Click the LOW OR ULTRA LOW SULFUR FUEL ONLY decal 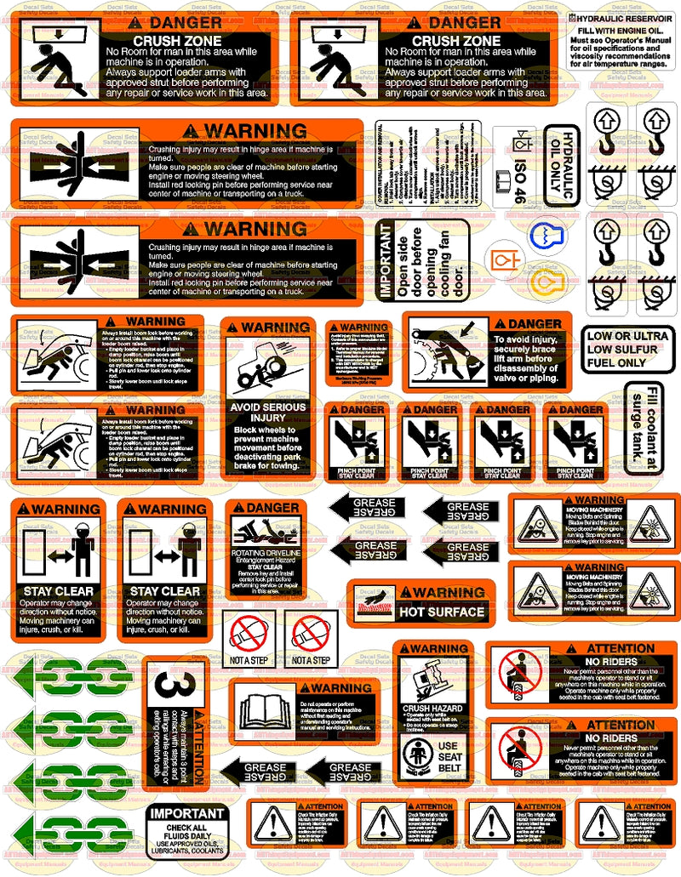pos(628,349)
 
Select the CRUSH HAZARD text pos(435,709)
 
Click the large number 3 pos(169,685)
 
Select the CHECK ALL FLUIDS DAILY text pos(188,831)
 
